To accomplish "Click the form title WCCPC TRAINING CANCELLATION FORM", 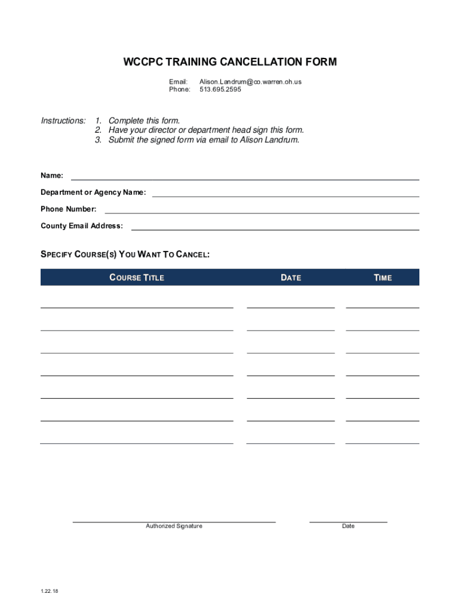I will click(230, 62).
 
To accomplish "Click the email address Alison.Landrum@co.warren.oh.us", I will click(250, 81).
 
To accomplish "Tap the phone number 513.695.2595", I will click(220, 90).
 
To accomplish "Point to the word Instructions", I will click(63, 121).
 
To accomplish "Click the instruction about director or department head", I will click(200, 130).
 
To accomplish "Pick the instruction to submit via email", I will click(197, 140).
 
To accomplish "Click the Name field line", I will click(245, 179).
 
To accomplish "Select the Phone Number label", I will click(68, 209).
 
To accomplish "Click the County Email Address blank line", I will click(275, 229).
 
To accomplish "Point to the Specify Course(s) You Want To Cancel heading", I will click(125, 255).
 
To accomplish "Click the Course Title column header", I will click(137, 277).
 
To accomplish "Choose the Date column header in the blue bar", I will click(291, 277).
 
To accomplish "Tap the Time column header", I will click(383, 277).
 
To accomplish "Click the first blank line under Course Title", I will click(137, 307).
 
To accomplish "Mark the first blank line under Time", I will click(382, 307).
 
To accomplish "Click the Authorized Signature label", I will click(174, 526).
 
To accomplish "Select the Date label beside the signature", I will click(348, 526).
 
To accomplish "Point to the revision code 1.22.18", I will click(50, 591).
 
